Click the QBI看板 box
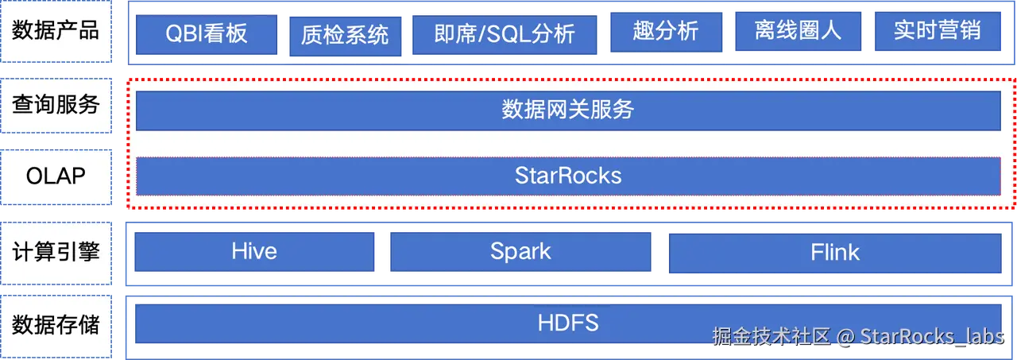pos(207,33)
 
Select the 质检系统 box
pos(345,35)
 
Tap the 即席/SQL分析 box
pos(505,34)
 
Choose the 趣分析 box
pos(666,32)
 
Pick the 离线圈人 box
pos(797,32)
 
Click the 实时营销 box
pos(937,32)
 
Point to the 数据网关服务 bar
pos(567,110)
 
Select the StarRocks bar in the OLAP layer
pos(567,176)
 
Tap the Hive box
pos(254,252)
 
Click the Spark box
pos(520,252)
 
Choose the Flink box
pos(834,253)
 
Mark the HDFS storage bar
pos(567,323)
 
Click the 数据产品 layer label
pos(56,31)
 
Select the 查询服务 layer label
pos(56,104)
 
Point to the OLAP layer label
pos(56,176)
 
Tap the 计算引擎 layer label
pos(56,252)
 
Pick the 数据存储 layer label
pos(56,324)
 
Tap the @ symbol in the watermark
pos(845,337)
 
